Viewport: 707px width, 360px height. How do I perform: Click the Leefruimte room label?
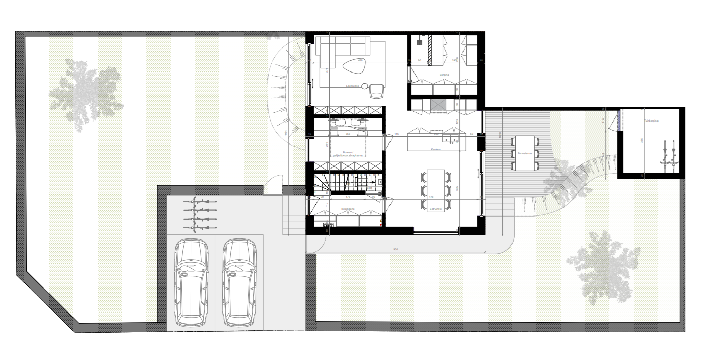[x=353, y=86]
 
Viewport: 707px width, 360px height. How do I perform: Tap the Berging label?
[x=444, y=75]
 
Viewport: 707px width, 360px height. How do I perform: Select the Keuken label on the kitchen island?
[x=435, y=149]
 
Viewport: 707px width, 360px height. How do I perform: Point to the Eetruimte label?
[x=435, y=208]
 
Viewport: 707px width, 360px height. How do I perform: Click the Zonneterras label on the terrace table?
[x=524, y=153]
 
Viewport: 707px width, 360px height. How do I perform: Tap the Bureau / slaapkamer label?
[x=347, y=154]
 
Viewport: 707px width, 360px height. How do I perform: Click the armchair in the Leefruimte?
[x=376, y=91]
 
